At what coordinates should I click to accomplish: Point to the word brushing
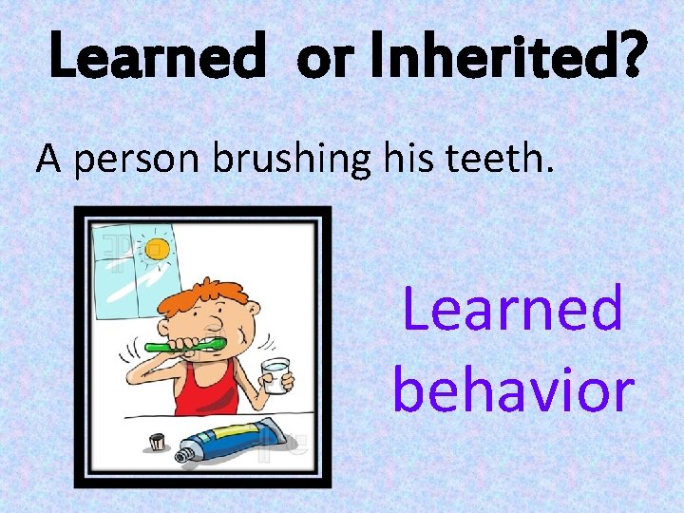[289, 161]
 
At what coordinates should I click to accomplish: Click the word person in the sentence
[138, 162]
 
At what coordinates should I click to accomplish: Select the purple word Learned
[512, 310]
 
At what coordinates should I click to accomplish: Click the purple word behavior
[512, 389]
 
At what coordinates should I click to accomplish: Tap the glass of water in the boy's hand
[275, 375]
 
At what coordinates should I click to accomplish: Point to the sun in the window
[156, 249]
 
